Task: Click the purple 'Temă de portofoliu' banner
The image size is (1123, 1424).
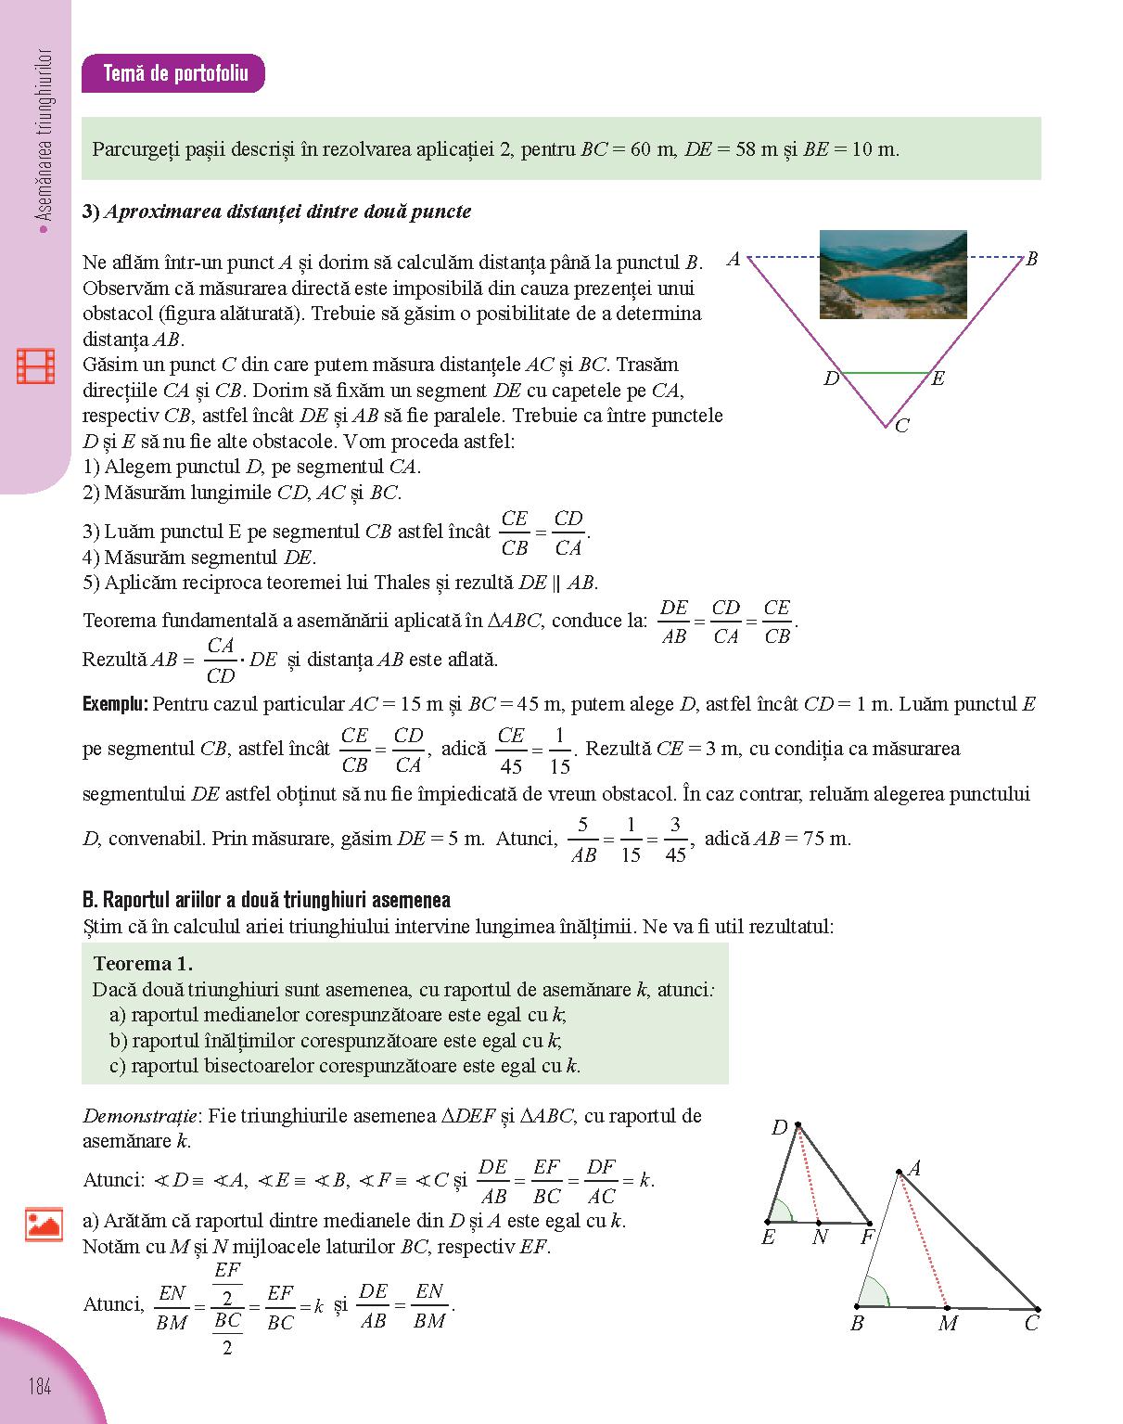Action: tap(173, 73)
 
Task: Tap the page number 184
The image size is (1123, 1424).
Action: tap(39, 1387)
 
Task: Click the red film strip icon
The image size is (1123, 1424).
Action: tap(36, 366)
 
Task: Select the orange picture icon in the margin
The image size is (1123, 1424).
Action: tap(44, 1225)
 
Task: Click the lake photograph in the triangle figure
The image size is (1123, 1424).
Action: tap(892, 275)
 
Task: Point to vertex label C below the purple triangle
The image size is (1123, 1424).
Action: tap(902, 426)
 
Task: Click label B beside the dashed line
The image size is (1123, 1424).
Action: tap(1031, 260)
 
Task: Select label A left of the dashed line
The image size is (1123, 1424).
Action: tap(734, 260)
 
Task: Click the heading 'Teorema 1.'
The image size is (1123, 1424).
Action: tap(143, 963)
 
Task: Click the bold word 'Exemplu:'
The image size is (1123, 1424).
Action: tap(115, 704)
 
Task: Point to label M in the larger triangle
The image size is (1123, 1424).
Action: tap(947, 1324)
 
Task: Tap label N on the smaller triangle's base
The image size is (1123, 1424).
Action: tap(820, 1237)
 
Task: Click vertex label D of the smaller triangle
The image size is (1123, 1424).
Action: tap(779, 1127)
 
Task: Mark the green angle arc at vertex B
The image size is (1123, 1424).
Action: tap(875, 1291)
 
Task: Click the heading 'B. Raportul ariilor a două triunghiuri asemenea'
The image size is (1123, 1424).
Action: tap(266, 900)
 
